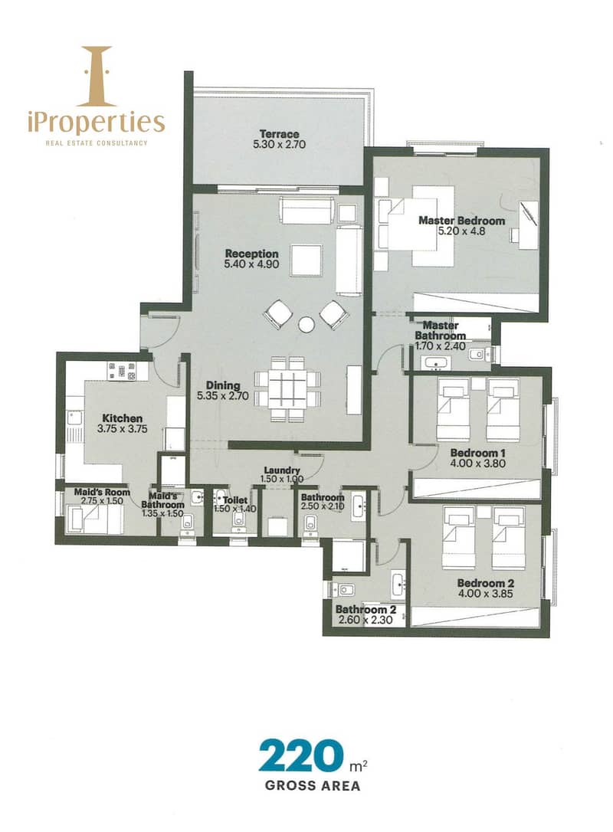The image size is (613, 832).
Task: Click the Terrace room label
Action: click(x=279, y=134)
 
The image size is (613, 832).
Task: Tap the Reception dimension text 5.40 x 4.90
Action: click(x=251, y=264)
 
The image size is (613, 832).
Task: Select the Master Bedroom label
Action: click(x=462, y=220)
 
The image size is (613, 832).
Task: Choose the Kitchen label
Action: click(x=122, y=418)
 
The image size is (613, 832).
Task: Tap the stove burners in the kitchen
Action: click(x=122, y=370)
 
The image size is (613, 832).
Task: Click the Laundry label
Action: click(x=282, y=470)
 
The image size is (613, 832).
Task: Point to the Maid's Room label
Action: click(x=102, y=492)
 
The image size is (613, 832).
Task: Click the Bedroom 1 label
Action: click(x=477, y=453)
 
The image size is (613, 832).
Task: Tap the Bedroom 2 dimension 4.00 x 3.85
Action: click(x=486, y=594)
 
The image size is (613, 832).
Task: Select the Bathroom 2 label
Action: click(x=366, y=610)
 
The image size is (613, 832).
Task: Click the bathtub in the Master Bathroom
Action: click(x=436, y=363)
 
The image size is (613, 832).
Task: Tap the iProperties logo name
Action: click(x=96, y=122)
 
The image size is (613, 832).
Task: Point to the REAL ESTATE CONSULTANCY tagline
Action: click(x=96, y=142)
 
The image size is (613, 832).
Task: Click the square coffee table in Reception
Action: click(x=306, y=260)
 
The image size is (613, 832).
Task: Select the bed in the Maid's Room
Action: click(x=94, y=519)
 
